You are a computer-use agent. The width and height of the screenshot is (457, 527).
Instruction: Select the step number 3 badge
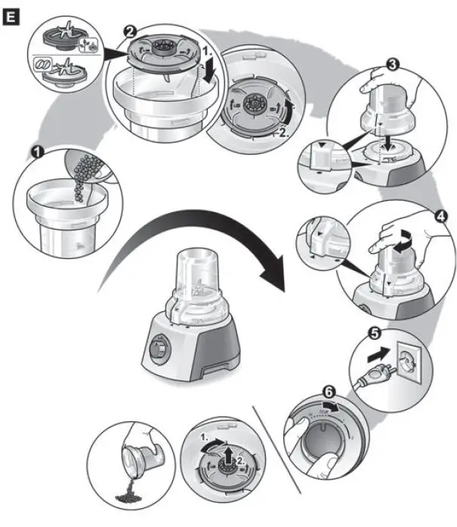[x=392, y=66]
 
